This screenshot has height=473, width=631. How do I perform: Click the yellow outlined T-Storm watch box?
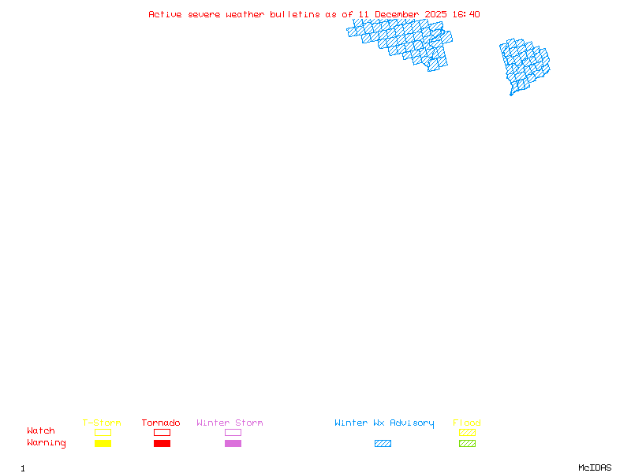pyautogui.click(x=103, y=432)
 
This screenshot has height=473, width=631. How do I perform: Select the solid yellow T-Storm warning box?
pyautogui.click(x=103, y=443)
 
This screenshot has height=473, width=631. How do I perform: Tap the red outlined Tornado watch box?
pyautogui.click(x=162, y=432)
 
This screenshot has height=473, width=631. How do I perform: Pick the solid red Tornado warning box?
pyautogui.click(x=162, y=443)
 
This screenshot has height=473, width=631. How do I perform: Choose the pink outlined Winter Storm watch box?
pyautogui.click(x=233, y=432)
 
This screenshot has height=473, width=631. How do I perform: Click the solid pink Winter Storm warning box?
pyautogui.click(x=233, y=443)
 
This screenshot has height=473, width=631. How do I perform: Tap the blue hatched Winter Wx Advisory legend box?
pyautogui.click(x=383, y=443)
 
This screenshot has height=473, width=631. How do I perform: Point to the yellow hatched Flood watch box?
pyautogui.click(x=467, y=432)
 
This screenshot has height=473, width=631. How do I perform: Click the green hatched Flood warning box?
pyautogui.click(x=467, y=443)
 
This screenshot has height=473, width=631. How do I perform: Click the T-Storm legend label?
pyautogui.click(x=102, y=423)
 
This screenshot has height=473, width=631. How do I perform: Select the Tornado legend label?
pyautogui.click(x=161, y=423)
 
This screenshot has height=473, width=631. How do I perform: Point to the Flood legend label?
pyautogui.click(x=467, y=423)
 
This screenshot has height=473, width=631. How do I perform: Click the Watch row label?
pyautogui.click(x=41, y=431)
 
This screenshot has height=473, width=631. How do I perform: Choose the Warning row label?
pyautogui.click(x=47, y=443)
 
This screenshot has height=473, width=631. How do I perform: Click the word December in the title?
pyautogui.click(x=397, y=14)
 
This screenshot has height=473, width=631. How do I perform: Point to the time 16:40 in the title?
pyautogui.click(x=466, y=14)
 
